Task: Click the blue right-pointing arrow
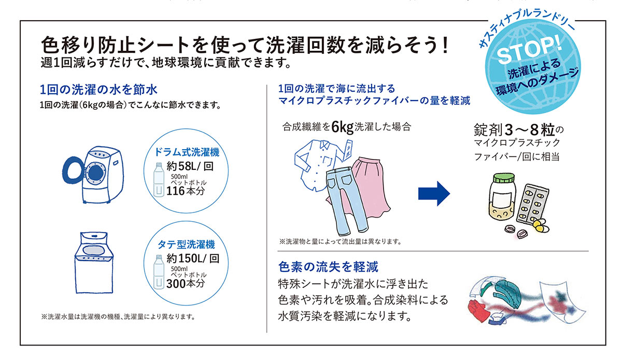[x=434, y=193]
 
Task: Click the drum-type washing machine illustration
[x=93, y=175]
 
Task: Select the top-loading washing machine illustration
[x=94, y=262]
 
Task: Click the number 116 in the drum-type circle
[x=176, y=191]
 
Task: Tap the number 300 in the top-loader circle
[x=176, y=284]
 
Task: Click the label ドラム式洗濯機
[x=187, y=152]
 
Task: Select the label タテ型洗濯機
[x=186, y=244]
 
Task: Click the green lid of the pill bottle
[x=504, y=178]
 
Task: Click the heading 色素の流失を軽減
[x=328, y=267]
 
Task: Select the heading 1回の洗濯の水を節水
[x=98, y=90]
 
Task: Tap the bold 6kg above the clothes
[x=343, y=127]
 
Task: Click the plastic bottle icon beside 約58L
[x=159, y=180]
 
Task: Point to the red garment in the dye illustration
[x=478, y=310]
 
